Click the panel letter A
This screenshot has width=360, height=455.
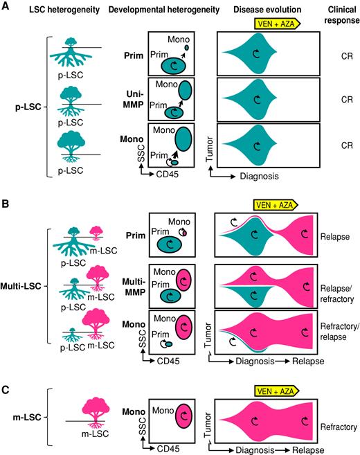pyautogui.click(x=6, y=6)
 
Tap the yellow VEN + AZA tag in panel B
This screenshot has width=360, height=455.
pyautogui.click(x=275, y=204)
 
